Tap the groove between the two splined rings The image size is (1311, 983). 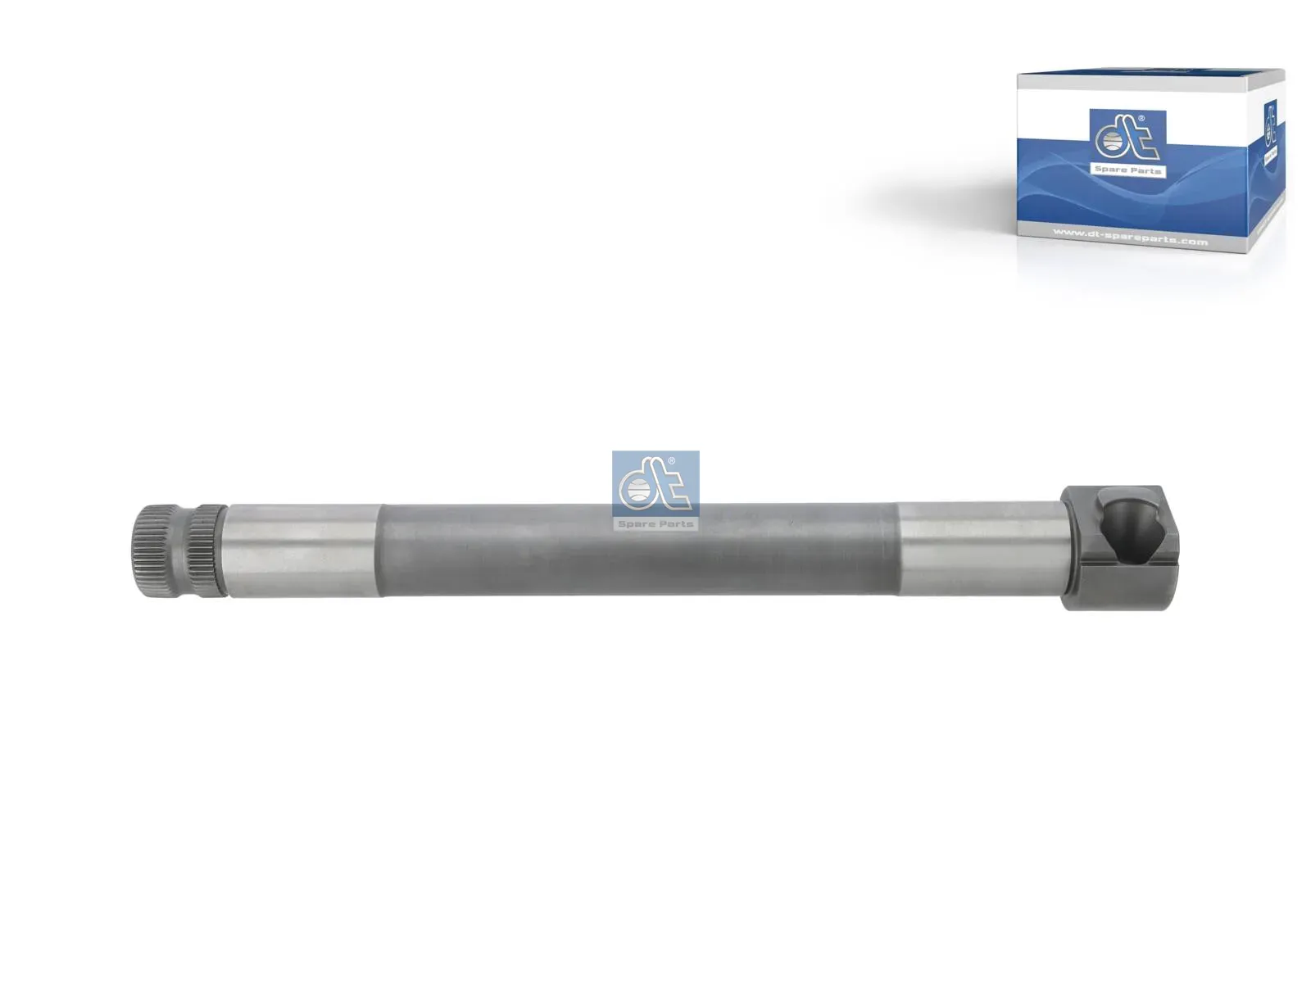(x=191, y=550)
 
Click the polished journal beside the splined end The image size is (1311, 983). (x=303, y=550)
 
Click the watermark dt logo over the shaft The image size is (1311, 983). (x=655, y=483)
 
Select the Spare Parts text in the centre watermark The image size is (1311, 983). (x=655, y=523)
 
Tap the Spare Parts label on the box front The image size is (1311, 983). (x=1127, y=170)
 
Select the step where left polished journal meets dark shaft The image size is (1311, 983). (x=380, y=550)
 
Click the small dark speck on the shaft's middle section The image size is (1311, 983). (x=792, y=521)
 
